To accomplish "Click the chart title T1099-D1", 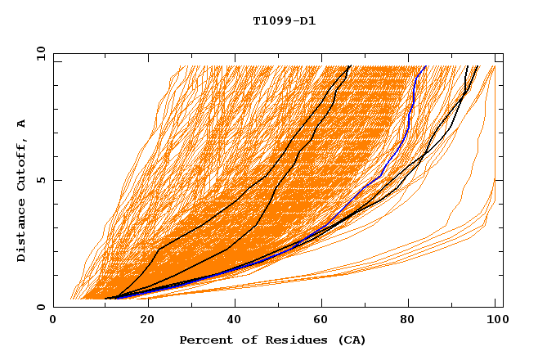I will [284, 21].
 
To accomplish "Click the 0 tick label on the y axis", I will [41, 307].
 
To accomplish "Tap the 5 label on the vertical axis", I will [41, 180].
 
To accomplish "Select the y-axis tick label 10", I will [38, 53].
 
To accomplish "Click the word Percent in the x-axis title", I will [204, 340].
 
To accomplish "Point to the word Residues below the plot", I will [283, 340].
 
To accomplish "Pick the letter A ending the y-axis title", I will [21, 124].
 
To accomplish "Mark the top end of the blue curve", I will [425, 65].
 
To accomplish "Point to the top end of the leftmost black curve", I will [350, 65].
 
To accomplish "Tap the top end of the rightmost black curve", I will [478, 65].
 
